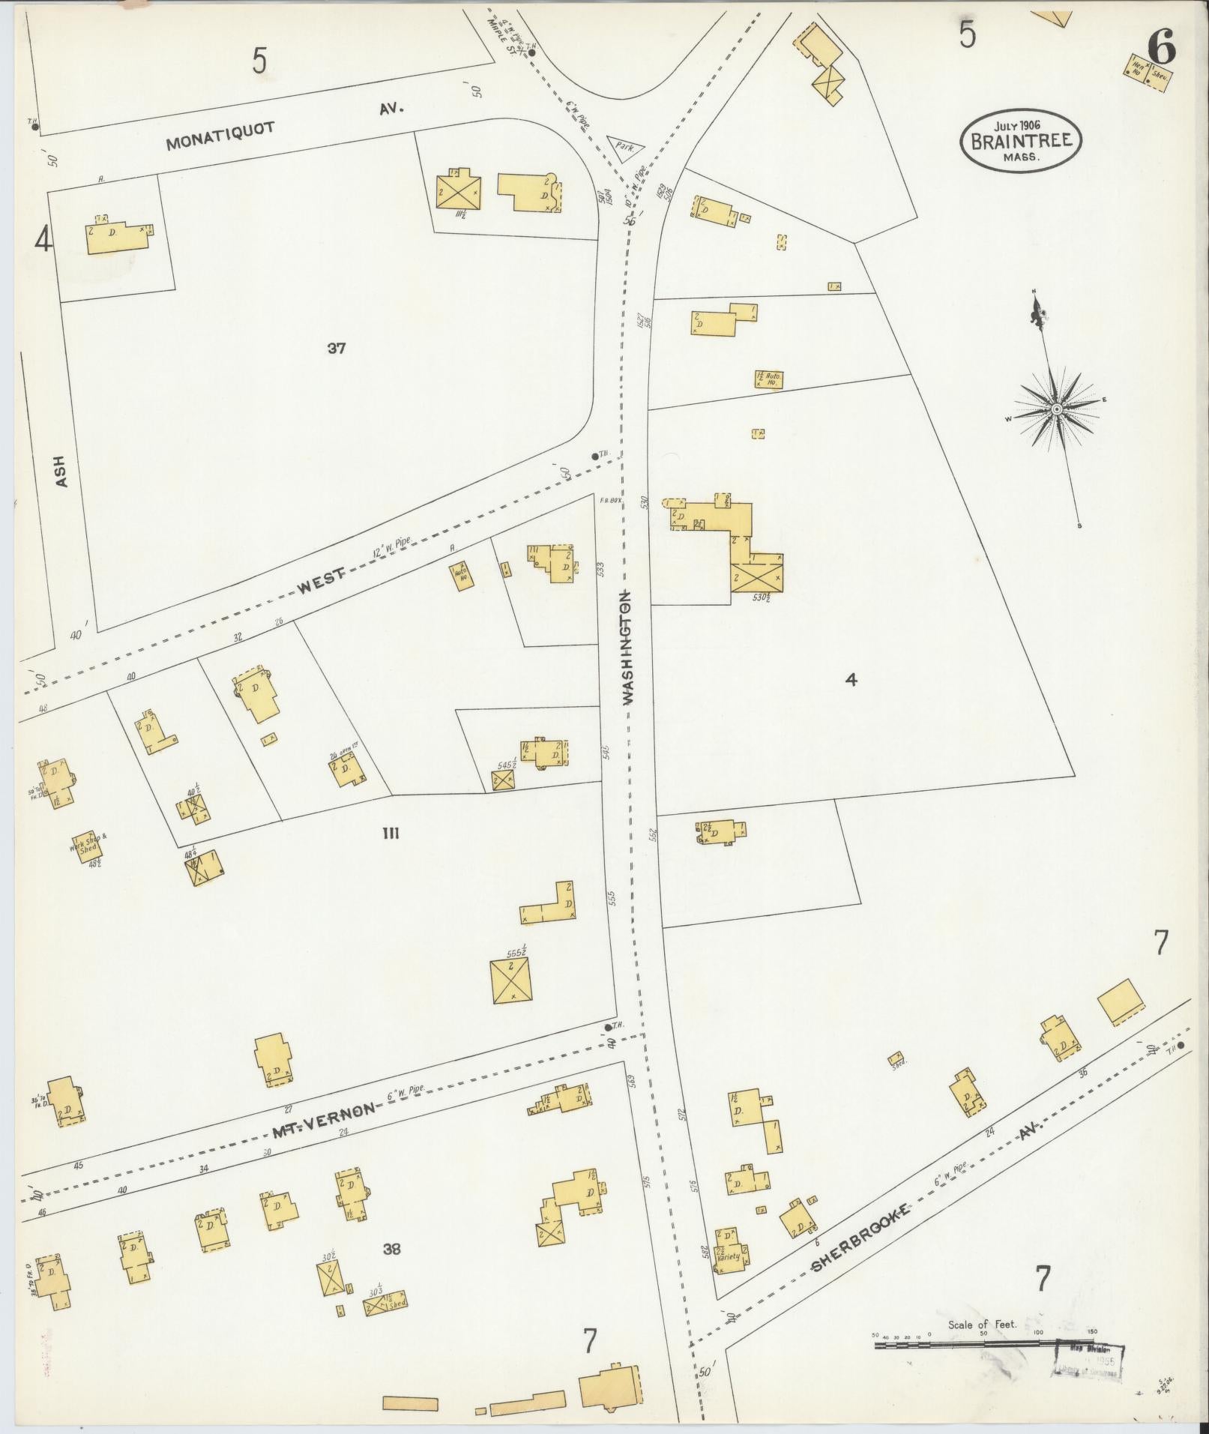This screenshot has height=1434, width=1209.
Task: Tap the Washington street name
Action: click(627, 646)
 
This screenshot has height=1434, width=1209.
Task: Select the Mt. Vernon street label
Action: click(322, 1120)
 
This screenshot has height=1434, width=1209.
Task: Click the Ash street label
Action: click(61, 472)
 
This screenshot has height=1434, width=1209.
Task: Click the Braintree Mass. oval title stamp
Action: click(1021, 140)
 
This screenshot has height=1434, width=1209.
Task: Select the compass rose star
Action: click(1056, 409)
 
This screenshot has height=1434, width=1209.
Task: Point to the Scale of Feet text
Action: click(982, 1324)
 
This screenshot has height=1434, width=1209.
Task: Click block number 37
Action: click(336, 348)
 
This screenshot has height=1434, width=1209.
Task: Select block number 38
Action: click(391, 1249)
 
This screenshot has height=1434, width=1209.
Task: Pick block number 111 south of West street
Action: click(390, 833)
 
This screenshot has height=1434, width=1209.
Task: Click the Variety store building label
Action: click(729, 1256)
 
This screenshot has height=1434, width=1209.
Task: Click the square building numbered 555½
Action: click(513, 981)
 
